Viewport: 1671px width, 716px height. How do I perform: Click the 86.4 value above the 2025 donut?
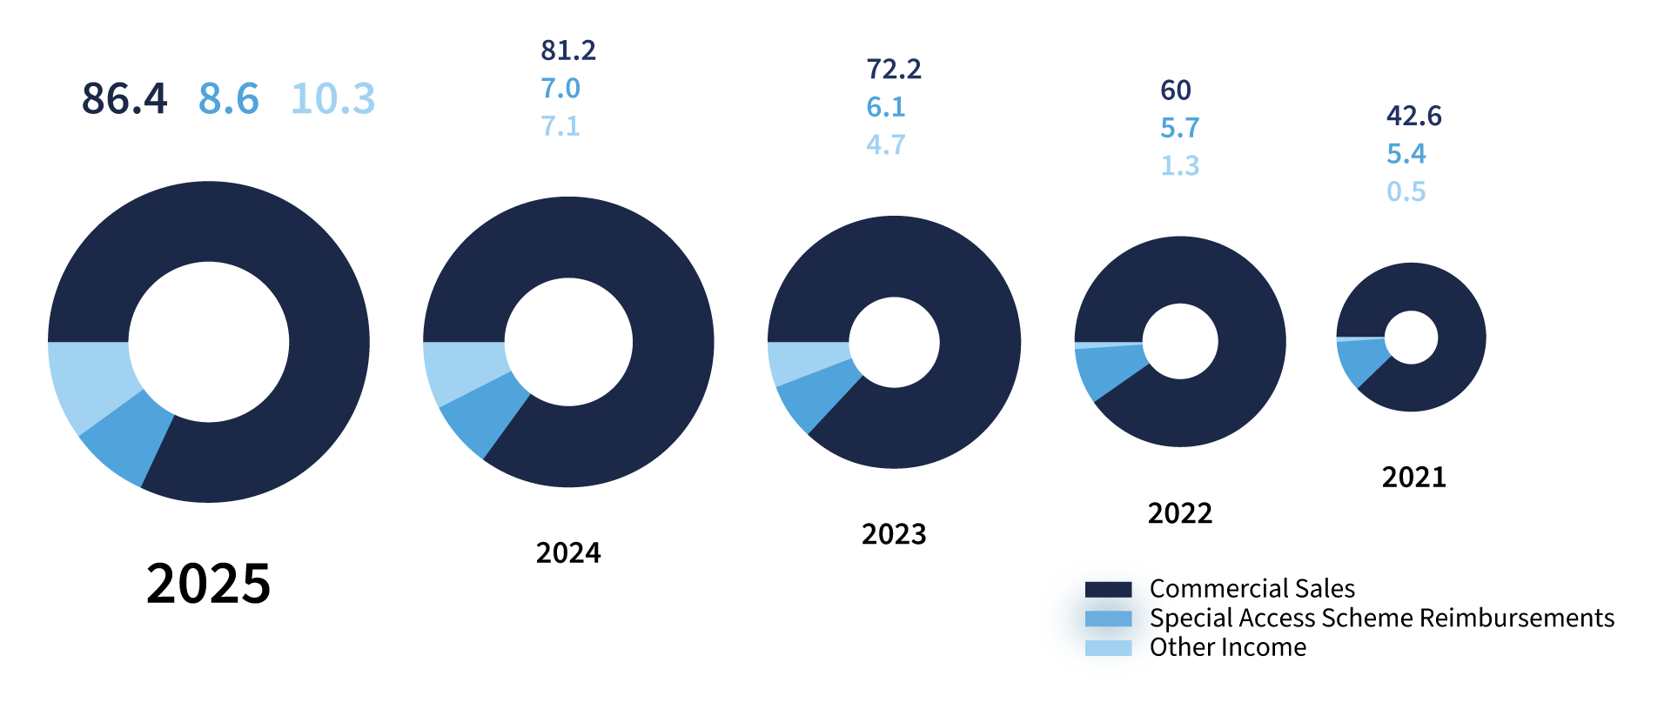pos(124,98)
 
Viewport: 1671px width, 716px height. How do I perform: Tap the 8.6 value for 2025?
pos(229,98)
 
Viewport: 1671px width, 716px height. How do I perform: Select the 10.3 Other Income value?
pos(333,98)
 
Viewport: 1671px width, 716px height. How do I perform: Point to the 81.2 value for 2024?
pos(568,50)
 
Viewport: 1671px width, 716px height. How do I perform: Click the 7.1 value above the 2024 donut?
pos(560,126)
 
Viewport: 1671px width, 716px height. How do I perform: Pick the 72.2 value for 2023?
pos(894,69)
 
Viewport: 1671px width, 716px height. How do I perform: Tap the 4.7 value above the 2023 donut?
pos(886,144)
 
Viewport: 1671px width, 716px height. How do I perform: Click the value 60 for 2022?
pos(1176,90)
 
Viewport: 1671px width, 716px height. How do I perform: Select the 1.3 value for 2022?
pos(1180,165)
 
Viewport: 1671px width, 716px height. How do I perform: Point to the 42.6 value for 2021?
pos(1414,116)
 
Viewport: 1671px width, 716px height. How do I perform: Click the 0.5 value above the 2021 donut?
pos(1406,191)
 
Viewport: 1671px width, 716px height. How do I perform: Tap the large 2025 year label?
pos(209,583)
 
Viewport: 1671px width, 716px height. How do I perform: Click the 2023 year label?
pos(894,533)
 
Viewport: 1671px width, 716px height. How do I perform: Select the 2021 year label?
pos(1414,477)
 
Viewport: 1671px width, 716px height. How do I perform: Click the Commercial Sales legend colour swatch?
pos(1108,589)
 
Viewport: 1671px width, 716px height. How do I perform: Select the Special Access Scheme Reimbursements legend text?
pos(1382,618)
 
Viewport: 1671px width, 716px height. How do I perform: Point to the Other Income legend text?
pos(1228,647)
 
